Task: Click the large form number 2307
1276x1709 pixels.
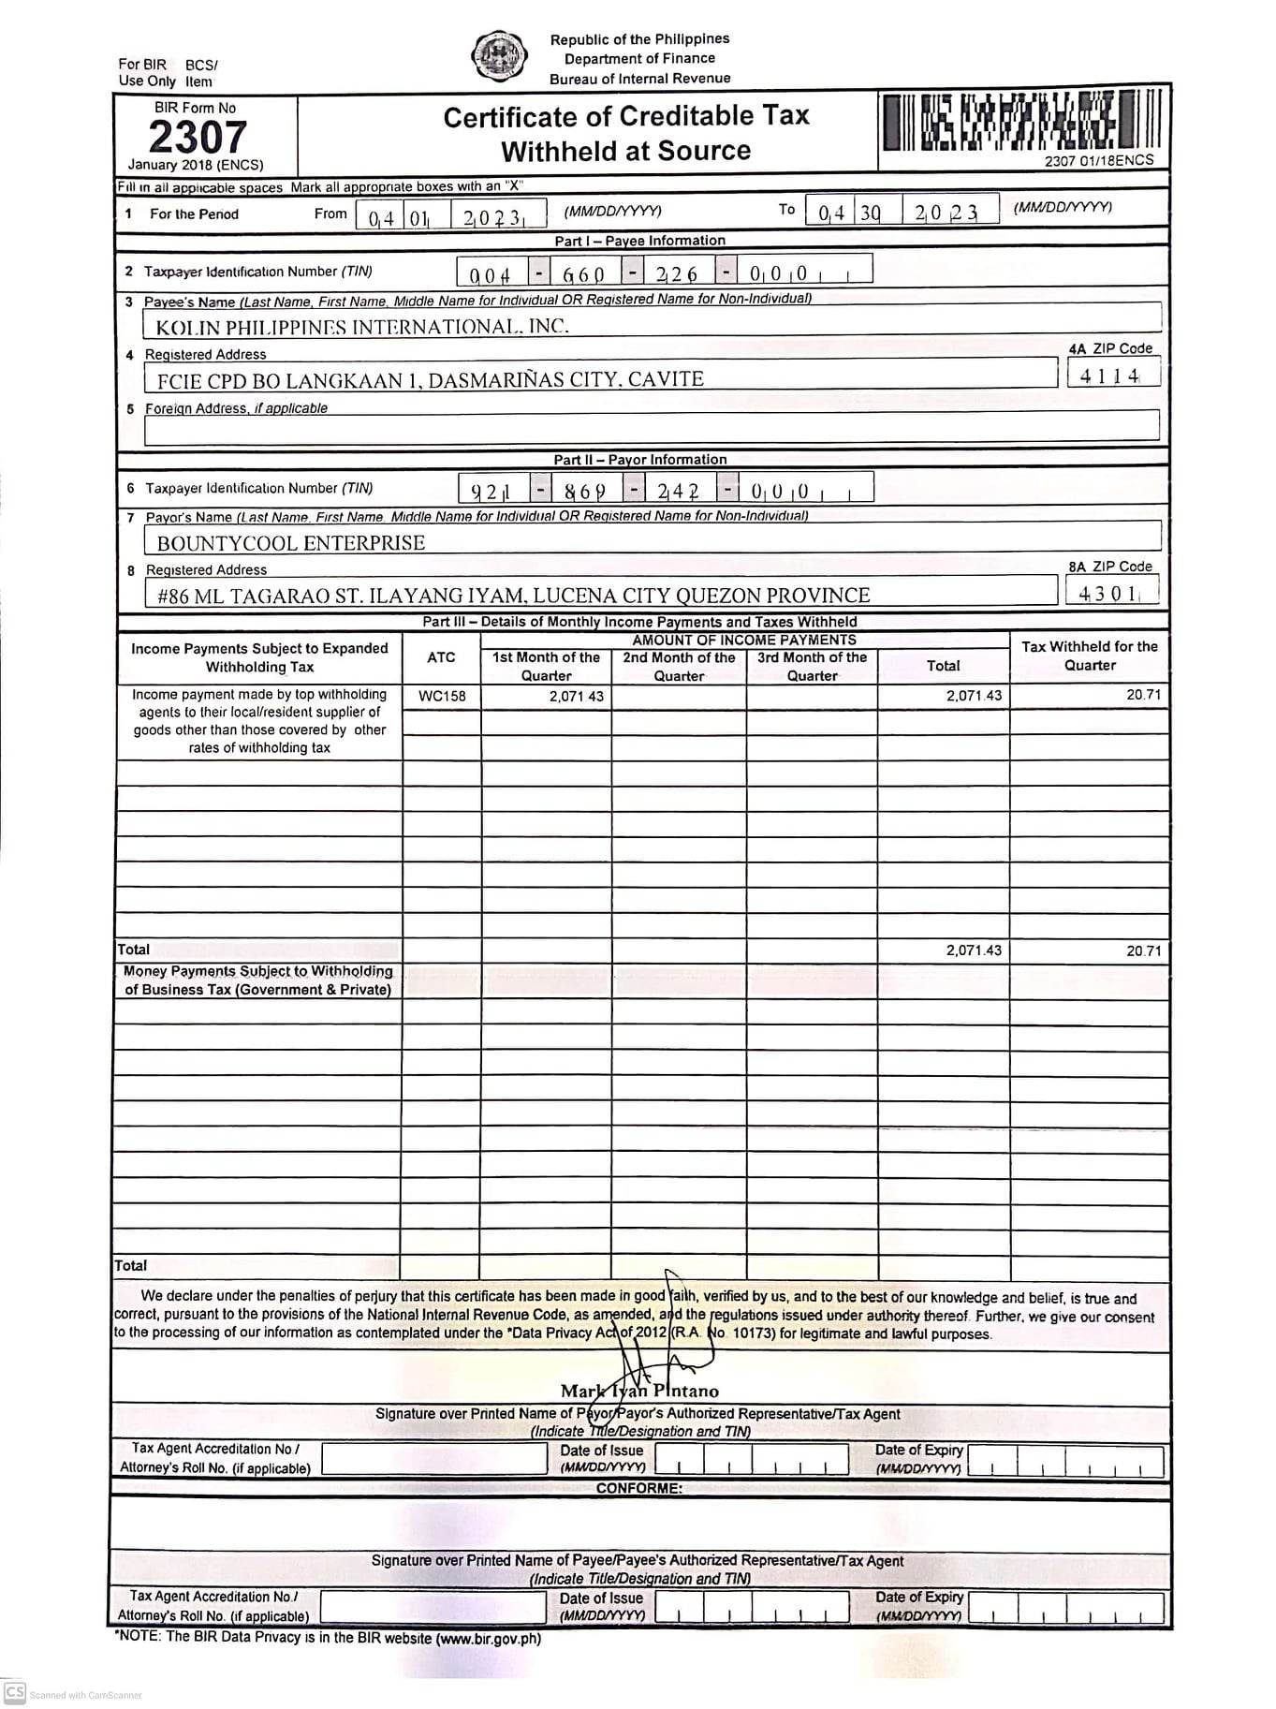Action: (x=198, y=137)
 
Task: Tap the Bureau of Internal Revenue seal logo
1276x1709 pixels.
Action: (x=499, y=57)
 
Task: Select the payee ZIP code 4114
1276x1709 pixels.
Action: (x=1110, y=376)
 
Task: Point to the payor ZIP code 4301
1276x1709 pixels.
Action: (x=1109, y=593)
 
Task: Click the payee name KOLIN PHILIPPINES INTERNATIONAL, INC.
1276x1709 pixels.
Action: (x=361, y=327)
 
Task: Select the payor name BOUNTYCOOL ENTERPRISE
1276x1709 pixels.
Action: (x=290, y=543)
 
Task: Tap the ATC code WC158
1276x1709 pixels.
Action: (x=442, y=696)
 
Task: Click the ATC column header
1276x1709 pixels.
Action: (x=441, y=657)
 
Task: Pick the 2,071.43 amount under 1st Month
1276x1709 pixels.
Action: (x=576, y=696)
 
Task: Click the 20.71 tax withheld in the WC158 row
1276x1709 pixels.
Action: (x=1143, y=695)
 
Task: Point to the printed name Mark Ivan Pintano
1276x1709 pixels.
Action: (x=639, y=1391)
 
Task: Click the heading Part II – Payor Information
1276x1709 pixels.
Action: (x=639, y=460)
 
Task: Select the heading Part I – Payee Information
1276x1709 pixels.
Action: (x=639, y=241)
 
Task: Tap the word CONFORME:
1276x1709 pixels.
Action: (x=638, y=1488)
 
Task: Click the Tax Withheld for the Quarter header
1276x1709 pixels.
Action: (x=1089, y=656)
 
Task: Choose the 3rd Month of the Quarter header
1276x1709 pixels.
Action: (x=812, y=666)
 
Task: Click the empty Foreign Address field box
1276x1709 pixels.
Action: (x=651, y=426)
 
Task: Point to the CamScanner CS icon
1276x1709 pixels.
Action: (x=14, y=1692)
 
